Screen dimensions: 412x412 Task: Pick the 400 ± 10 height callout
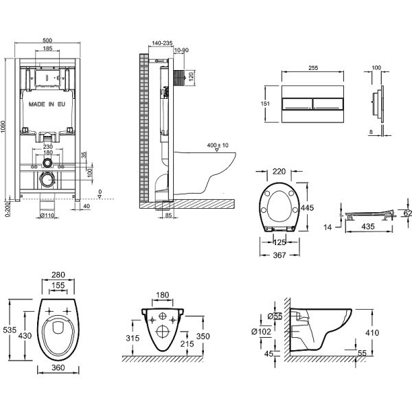[x=217, y=145]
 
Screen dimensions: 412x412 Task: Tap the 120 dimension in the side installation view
[x=190, y=75]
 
